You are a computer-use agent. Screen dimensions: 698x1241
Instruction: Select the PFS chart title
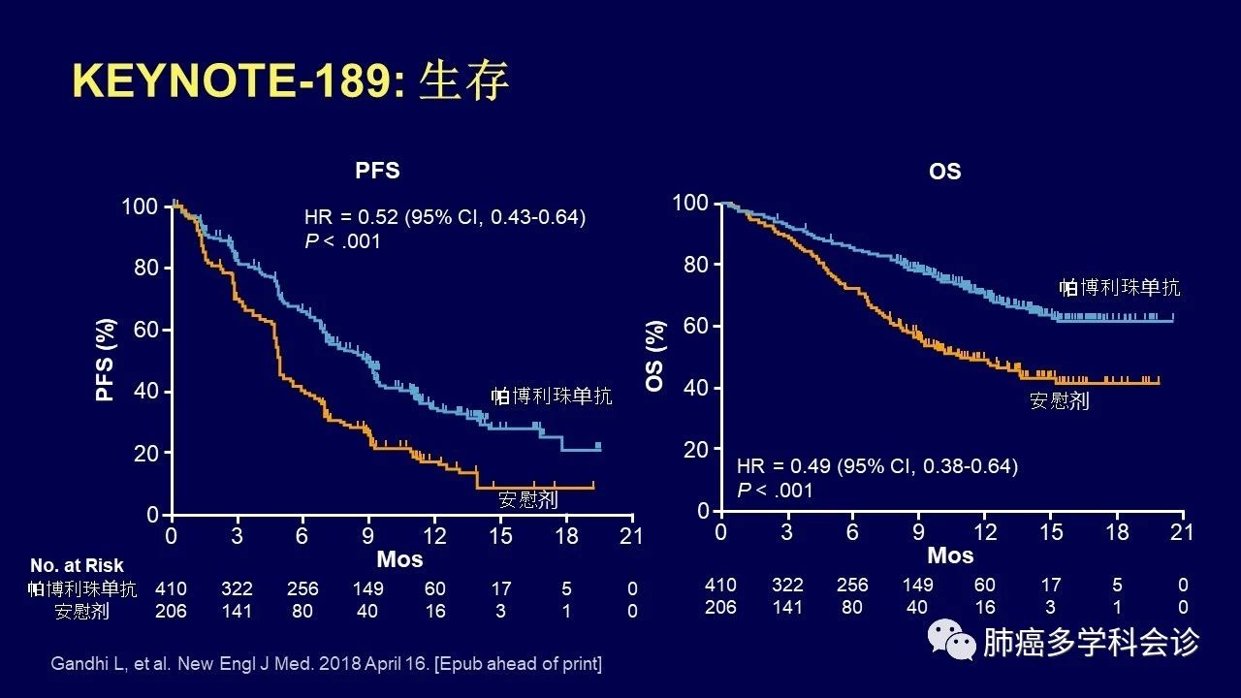(x=377, y=171)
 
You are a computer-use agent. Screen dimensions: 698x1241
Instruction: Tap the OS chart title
(x=944, y=172)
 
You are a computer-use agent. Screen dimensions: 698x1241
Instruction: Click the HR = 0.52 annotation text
(x=445, y=217)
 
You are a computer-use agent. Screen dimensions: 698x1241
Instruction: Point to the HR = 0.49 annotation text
(x=877, y=467)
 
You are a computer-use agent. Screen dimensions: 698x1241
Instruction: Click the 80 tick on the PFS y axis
(x=145, y=268)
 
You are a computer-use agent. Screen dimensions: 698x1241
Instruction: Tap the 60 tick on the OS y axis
(x=695, y=326)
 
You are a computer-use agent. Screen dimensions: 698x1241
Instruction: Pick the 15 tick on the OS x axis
(x=1051, y=531)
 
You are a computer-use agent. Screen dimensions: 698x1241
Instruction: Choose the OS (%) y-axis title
(x=656, y=356)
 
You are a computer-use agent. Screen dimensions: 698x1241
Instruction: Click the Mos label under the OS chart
(x=950, y=555)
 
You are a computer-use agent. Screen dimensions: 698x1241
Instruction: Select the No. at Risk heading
(x=77, y=565)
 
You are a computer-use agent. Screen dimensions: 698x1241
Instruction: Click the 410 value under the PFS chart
(x=171, y=588)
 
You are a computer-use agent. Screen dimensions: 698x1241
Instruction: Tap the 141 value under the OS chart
(x=786, y=608)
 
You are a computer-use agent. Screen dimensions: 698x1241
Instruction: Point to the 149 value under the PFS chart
(x=368, y=588)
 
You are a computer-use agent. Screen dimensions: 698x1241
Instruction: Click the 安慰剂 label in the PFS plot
(x=527, y=500)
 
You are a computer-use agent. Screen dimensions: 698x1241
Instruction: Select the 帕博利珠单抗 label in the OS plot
(x=1120, y=287)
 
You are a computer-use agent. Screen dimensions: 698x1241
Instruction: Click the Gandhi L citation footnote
(x=326, y=664)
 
